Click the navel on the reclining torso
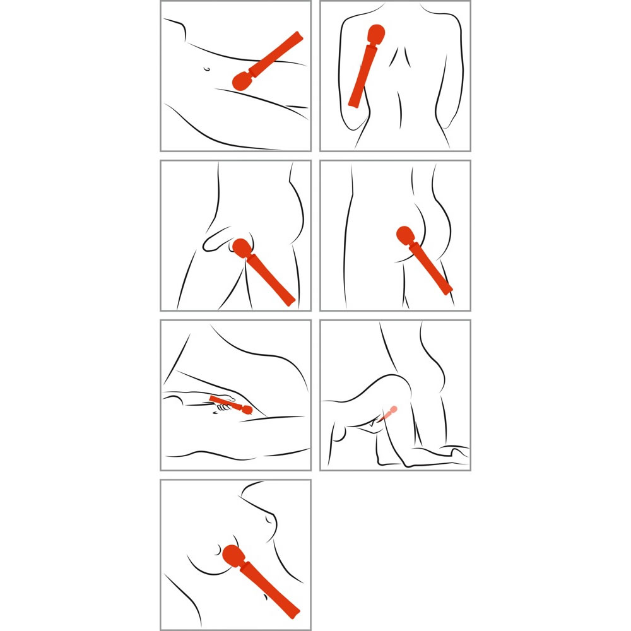pos(206,69)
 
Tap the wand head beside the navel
pos(240,81)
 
